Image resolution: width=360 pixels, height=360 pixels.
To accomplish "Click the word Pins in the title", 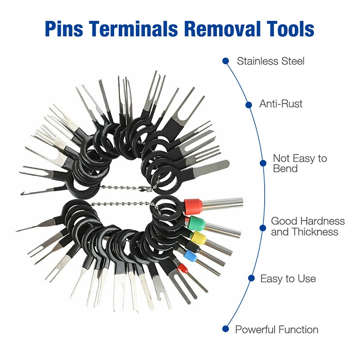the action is [x=64, y=29].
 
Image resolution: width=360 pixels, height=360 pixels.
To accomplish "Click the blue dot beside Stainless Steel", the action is [x=226, y=61].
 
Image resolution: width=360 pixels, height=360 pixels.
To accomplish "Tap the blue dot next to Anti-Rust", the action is [x=249, y=105].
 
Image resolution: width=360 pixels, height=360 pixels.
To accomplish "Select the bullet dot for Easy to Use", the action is [x=252, y=278].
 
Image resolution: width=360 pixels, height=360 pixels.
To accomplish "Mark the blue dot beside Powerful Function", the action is [x=226, y=329].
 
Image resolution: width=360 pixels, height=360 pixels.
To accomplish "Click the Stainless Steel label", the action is [x=271, y=61].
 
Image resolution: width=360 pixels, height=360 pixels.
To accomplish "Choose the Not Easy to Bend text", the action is [x=300, y=163].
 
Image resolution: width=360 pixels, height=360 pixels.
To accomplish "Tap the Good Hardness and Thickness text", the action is [x=308, y=226].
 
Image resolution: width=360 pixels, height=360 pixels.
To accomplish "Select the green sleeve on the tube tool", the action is [x=196, y=223].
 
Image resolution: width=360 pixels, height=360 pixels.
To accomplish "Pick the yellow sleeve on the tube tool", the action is [x=199, y=238].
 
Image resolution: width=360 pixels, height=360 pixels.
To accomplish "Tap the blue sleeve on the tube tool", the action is [x=190, y=255].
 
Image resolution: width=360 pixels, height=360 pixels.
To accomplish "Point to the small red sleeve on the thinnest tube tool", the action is [x=183, y=268].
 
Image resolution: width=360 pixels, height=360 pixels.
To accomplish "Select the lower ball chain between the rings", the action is [x=121, y=203].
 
